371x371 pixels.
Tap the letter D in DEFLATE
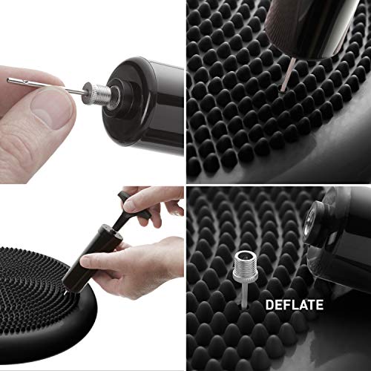click(x=270, y=304)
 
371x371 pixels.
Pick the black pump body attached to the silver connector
click(x=148, y=85)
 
